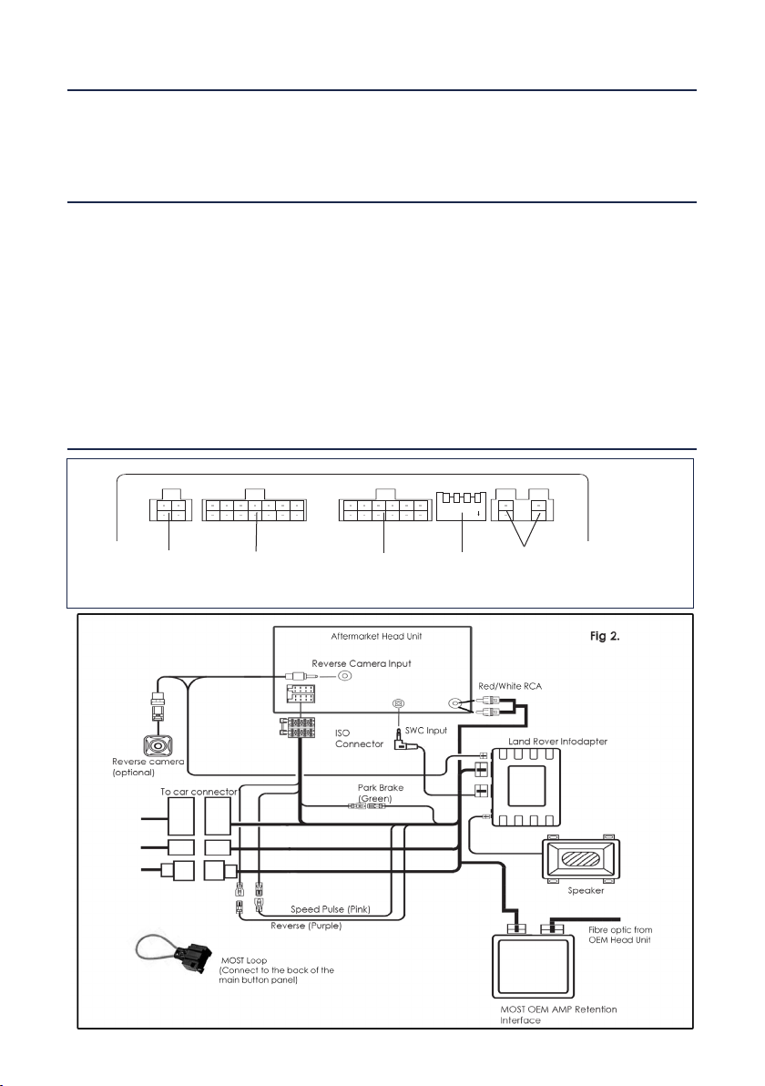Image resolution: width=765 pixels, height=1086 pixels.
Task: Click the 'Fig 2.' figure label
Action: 605,637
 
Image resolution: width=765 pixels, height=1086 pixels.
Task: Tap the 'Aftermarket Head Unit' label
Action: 377,636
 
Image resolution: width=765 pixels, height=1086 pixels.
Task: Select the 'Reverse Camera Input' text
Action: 362,663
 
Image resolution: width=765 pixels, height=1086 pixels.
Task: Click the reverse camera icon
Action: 158,746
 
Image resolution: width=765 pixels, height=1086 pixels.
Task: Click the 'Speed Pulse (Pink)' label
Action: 331,909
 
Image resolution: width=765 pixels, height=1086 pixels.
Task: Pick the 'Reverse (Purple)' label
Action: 306,926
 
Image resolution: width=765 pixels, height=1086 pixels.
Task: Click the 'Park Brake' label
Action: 381,787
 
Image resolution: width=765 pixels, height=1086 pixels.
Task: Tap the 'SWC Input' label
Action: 426,730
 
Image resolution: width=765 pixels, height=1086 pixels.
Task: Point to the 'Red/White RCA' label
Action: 510,686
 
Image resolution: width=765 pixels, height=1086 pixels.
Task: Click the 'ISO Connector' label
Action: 360,738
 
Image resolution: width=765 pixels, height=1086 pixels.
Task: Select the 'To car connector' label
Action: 199,792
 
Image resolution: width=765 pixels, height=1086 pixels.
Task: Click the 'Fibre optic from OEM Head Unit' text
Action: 620,935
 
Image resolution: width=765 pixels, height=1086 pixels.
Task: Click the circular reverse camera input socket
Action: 344,677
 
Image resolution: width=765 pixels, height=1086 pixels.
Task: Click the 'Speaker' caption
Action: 586,891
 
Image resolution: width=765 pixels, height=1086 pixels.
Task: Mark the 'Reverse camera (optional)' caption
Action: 148,767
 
